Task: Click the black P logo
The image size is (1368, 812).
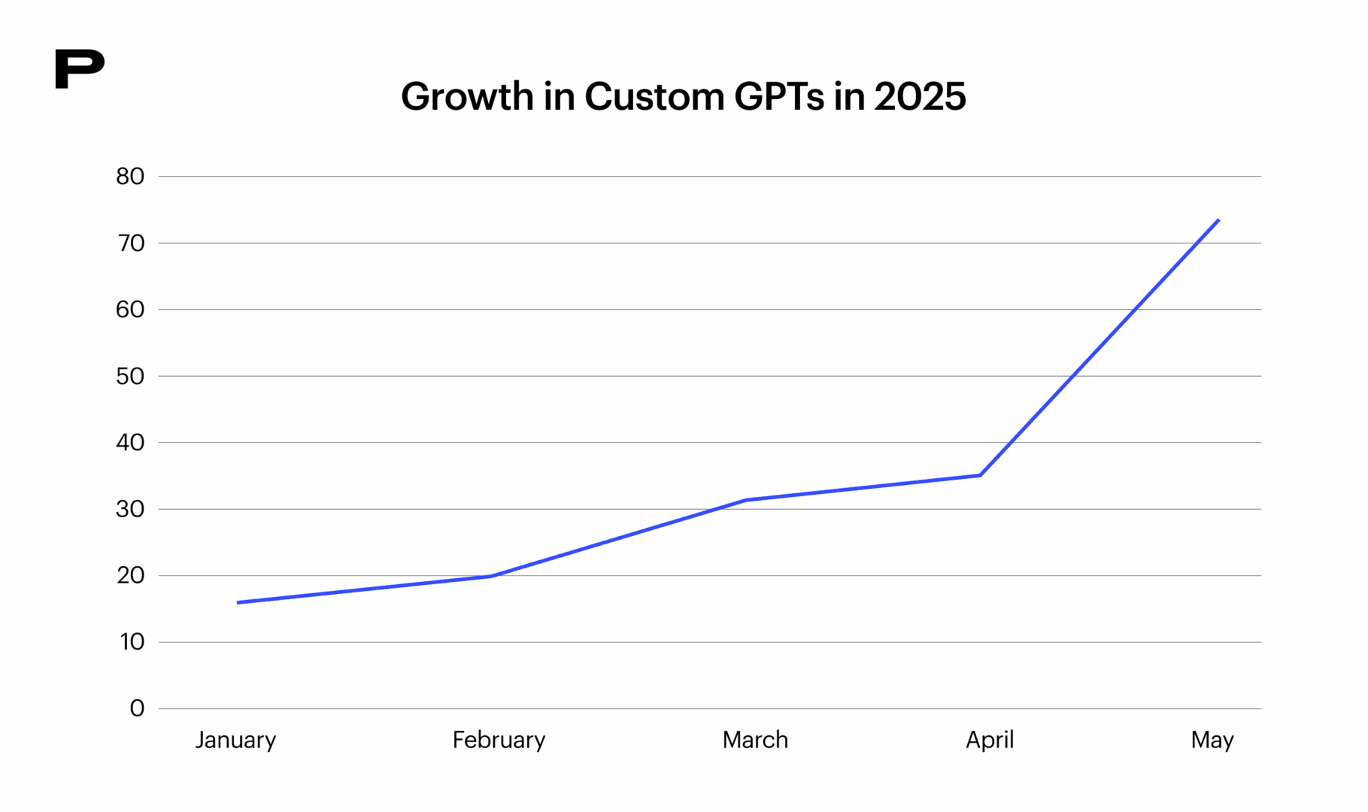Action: [79, 69]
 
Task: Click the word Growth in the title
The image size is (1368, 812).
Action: [467, 97]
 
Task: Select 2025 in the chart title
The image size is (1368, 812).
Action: [919, 97]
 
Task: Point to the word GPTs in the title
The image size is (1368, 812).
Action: [778, 97]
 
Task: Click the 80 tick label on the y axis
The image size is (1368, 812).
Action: [130, 177]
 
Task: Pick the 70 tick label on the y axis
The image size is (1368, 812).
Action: [130, 243]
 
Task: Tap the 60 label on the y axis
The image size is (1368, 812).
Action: [130, 309]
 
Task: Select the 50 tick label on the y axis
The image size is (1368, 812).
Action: [130, 376]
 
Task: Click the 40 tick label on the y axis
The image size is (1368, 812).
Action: [130, 442]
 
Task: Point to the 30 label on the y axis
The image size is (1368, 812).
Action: [130, 509]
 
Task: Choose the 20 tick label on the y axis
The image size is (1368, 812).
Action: [130, 575]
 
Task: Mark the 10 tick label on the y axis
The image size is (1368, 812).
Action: [132, 642]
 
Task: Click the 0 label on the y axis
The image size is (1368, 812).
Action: [137, 708]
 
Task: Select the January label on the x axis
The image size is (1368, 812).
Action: [235, 741]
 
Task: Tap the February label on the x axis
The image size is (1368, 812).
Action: [499, 741]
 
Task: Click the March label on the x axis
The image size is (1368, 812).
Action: [755, 741]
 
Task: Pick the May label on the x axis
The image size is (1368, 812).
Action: [1212, 741]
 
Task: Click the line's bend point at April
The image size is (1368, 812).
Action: [980, 475]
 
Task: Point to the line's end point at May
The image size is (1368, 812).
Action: [1218, 220]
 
